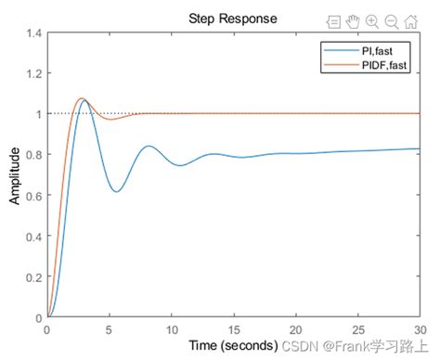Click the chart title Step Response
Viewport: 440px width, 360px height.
point(232,19)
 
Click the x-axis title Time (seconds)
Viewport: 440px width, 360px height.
point(232,345)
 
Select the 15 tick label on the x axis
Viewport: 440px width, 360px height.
point(233,328)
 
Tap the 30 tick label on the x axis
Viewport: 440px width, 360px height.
point(420,328)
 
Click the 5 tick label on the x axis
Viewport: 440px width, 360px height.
point(110,328)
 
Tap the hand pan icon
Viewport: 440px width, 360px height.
point(353,20)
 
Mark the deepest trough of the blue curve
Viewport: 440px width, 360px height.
point(116,192)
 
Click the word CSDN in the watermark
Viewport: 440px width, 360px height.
point(298,346)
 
